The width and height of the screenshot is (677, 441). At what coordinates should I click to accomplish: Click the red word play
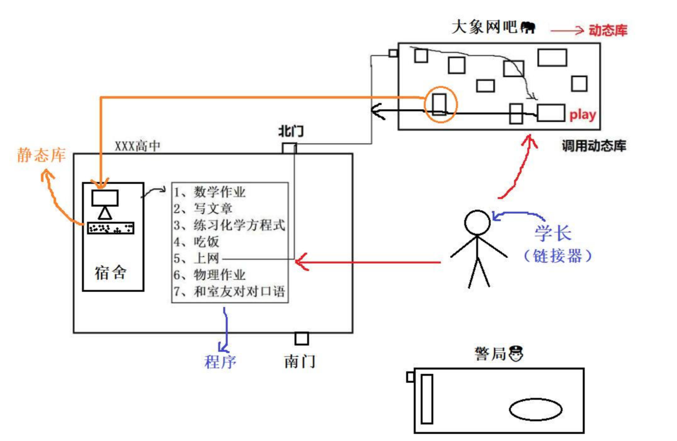pyautogui.click(x=582, y=115)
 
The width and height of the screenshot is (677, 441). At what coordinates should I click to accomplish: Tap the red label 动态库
pyautogui.click(x=608, y=30)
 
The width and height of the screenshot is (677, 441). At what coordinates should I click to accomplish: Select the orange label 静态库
pyautogui.click(x=41, y=155)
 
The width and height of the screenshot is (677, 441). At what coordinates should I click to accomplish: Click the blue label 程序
pyautogui.click(x=220, y=362)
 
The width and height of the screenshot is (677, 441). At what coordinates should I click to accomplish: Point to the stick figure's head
pyautogui.click(x=477, y=222)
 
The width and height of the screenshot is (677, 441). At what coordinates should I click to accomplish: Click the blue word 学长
pyautogui.click(x=553, y=233)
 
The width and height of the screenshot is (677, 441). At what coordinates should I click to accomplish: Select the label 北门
pyautogui.click(x=291, y=131)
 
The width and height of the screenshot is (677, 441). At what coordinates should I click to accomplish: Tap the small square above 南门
pyautogui.click(x=301, y=339)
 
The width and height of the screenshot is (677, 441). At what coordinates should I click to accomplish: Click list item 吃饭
pyautogui.click(x=207, y=242)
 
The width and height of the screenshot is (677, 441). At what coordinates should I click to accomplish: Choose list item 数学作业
pyautogui.click(x=219, y=192)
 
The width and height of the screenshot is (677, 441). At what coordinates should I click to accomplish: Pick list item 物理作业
pyautogui.click(x=219, y=275)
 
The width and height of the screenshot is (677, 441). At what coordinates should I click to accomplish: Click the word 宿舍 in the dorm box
pyautogui.click(x=110, y=273)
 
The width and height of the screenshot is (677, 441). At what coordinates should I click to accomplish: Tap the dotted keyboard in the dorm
pyautogui.click(x=111, y=229)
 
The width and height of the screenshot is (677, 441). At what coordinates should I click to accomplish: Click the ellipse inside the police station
pyautogui.click(x=535, y=409)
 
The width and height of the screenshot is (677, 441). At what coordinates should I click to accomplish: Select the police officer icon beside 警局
pyautogui.click(x=516, y=353)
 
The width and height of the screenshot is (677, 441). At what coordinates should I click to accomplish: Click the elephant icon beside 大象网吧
pyautogui.click(x=528, y=28)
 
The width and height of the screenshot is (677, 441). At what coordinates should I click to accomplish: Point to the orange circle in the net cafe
pyautogui.click(x=441, y=104)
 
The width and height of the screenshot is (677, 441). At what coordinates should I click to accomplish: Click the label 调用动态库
pyautogui.click(x=594, y=146)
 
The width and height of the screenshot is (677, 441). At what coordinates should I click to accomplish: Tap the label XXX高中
pyautogui.click(x=137, y=146)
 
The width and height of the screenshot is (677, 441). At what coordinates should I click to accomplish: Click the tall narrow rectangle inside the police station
pyautogui.click(x=427, y=399)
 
